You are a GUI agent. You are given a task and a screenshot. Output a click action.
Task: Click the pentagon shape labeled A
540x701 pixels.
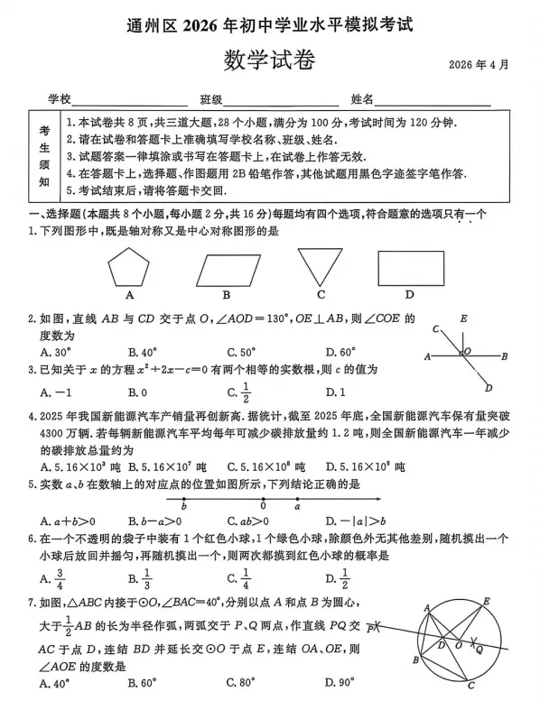tap(132, 268)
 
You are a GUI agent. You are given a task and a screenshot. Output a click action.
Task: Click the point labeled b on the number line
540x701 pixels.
tap(183, 506)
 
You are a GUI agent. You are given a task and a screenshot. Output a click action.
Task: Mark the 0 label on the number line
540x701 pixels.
tap(263, 506)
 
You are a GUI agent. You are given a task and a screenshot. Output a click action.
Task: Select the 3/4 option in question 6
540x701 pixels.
tap(60, 580)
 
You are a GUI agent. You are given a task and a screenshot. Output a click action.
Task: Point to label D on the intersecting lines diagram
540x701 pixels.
tap(488, 389)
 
